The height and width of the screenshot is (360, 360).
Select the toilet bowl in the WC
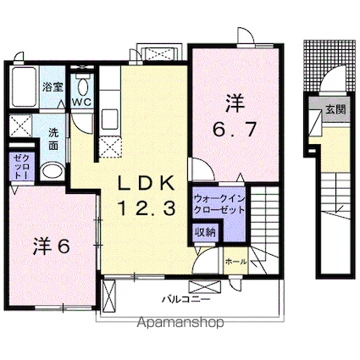click(82, 87)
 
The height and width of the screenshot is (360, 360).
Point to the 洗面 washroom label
click(53, 139)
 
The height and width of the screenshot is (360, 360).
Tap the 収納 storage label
click(203, 232)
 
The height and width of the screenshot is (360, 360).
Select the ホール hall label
click(236, 262)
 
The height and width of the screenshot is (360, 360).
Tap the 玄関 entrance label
click(334, 109)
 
